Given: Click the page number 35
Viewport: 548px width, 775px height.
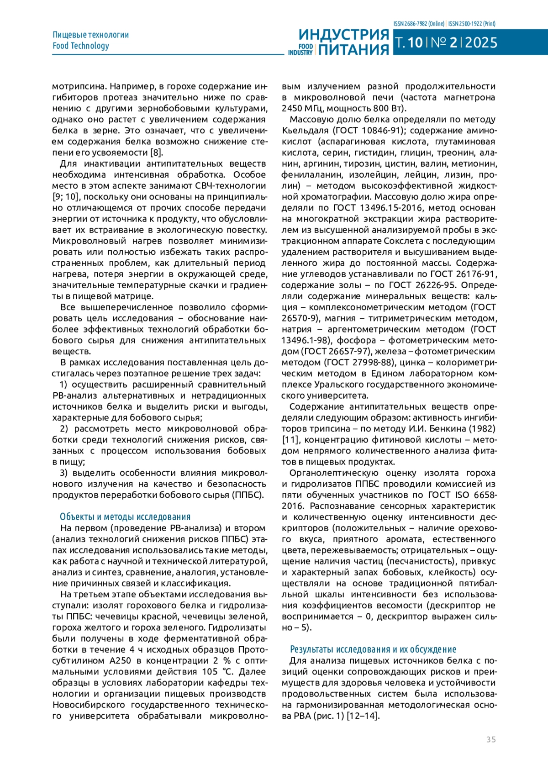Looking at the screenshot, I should click(x=491, y=739).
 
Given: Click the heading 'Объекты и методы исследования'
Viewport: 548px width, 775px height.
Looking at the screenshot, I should click(x=125, y=517).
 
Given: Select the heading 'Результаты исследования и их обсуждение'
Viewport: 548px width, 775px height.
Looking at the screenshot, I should click(x=373, y=649).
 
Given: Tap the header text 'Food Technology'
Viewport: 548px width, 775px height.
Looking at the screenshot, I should click(x=81, y=46).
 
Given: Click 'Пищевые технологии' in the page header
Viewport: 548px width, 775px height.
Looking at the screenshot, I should click(x=91, y=35).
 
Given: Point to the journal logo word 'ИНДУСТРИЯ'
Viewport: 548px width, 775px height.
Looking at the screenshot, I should click(x=344, y=35).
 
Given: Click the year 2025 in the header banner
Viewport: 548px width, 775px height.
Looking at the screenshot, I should click(x=481, y=43).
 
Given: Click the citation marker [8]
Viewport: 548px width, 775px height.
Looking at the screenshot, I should click(x=157, y=153).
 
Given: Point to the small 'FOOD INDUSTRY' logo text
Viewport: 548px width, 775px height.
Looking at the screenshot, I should click(x=301, y=49).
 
